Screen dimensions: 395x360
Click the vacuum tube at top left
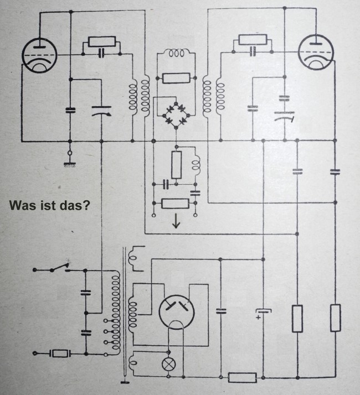click(39, 56)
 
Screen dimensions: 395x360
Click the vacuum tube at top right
click(315, 52)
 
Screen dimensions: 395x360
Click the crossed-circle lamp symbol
click(169, 365)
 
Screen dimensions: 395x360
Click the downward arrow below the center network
click(176, 222)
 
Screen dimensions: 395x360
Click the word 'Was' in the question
click(21, 206)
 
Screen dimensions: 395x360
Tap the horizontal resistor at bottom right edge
click(242, 378)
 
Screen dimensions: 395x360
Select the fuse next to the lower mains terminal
click(60, 353)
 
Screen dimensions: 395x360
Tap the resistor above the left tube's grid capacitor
click(101, 42)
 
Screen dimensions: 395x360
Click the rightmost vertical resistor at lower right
click(335, 318)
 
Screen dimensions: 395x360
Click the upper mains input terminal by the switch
click(34, 269)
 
